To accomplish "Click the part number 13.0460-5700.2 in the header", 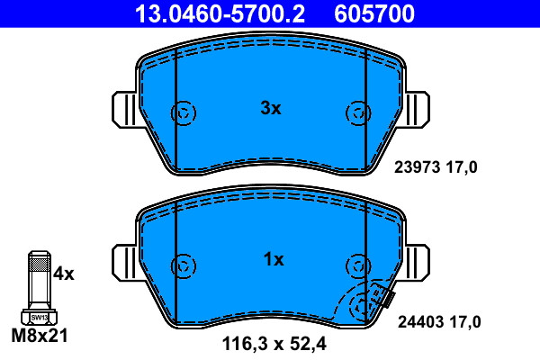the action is click(x=220, y=13).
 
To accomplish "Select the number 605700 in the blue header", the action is click(x=374, y=13).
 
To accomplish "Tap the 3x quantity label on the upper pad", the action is click(x=271, y=108).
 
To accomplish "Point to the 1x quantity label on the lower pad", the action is click(x=274, y=259).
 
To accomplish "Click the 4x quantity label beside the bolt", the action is click(x=64, y=274).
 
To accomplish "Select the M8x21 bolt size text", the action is click(x=40, y=336).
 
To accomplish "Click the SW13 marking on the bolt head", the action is click(x=40, y=318).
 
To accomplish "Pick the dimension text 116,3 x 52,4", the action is click(x=274, y=344).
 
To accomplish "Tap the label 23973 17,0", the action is click(x=436, y=167).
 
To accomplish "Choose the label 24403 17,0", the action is click(x=439, y=322).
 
